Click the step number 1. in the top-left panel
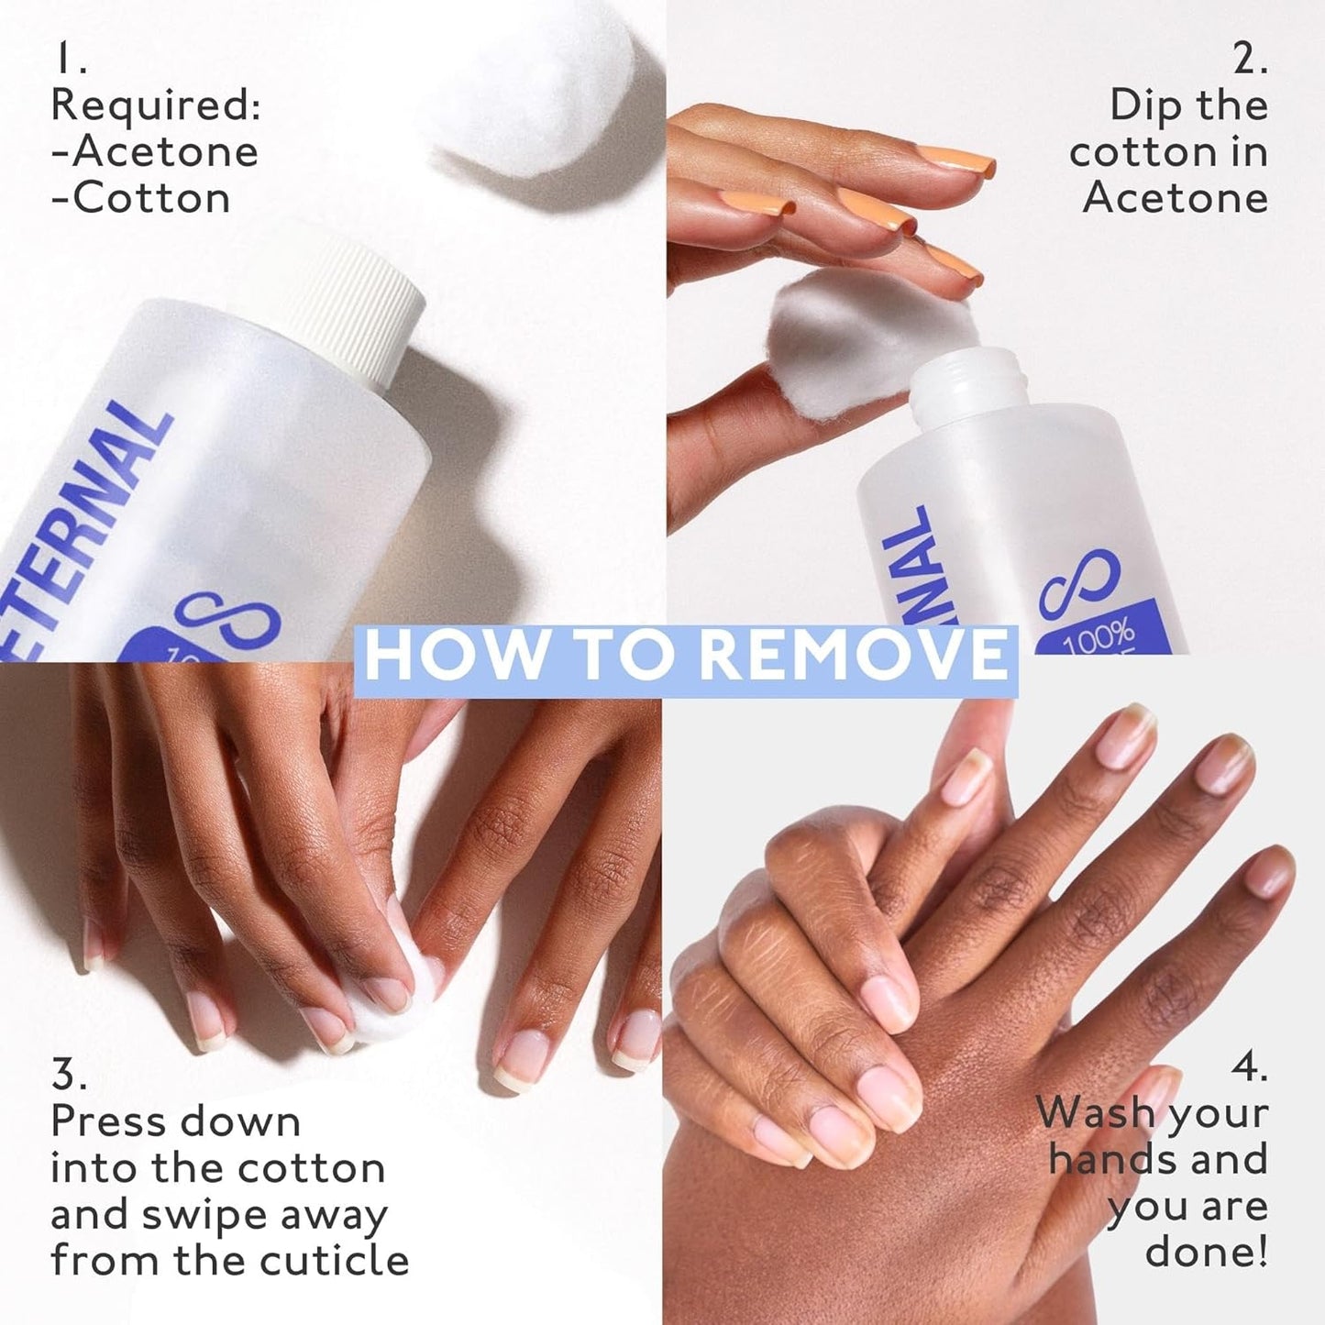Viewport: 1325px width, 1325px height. click(70, 61)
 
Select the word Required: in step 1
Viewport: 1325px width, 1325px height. click(156, 106)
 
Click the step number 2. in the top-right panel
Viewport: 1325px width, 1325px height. click(1249, 61)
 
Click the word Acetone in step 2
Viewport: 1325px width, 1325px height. click(1175, 199)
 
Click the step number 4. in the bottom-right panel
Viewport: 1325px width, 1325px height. click(1249, 1068)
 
